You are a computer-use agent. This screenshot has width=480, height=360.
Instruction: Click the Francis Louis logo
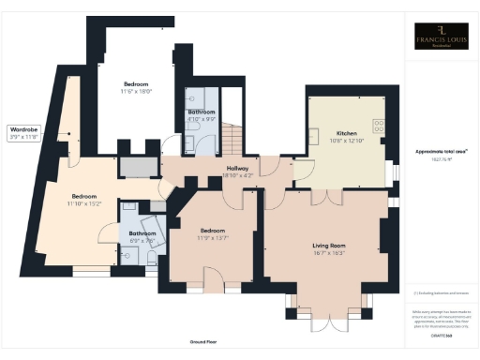442,39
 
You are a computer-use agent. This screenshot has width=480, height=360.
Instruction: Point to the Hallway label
237,168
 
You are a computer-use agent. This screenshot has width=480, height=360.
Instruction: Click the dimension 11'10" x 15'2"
82,203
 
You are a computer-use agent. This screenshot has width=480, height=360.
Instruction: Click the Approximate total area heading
441,151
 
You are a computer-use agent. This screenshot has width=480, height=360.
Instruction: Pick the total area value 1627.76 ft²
441,160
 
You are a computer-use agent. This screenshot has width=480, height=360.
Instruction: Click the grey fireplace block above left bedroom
139,167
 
